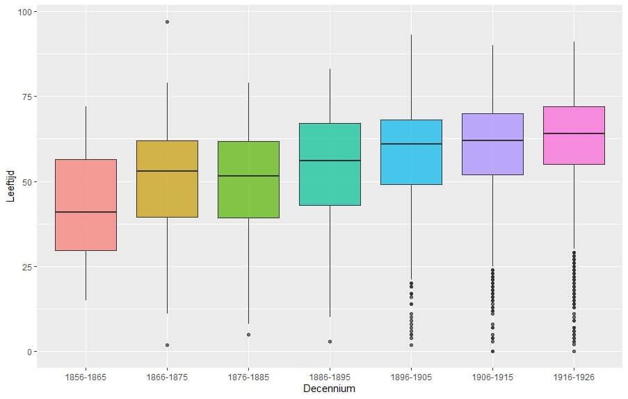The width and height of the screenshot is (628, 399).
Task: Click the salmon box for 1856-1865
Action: (x=86, y=205)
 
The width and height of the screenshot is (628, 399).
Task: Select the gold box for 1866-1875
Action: (x=167, y=179)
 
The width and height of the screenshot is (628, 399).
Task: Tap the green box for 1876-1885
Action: (x=248, y=179)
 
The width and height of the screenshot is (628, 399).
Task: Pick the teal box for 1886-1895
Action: (x=330, y=164)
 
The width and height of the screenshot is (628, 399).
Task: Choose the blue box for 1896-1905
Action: (x=411, y=152)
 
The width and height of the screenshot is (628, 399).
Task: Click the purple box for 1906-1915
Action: (x=492, y=144)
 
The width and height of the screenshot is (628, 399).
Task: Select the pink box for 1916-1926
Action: (x=574, y=135)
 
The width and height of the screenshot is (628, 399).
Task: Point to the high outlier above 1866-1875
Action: (x=167, y=22)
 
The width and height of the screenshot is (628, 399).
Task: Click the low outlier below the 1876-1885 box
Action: (x=248, y=334)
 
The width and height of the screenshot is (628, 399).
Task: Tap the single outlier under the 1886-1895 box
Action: (x=330, y=341)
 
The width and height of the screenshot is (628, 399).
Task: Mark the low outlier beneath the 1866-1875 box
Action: (x=167, y=345)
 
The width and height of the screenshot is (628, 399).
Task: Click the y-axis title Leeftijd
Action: (x=10, y=182)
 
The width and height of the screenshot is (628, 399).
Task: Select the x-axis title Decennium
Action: (x=329, y=389)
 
